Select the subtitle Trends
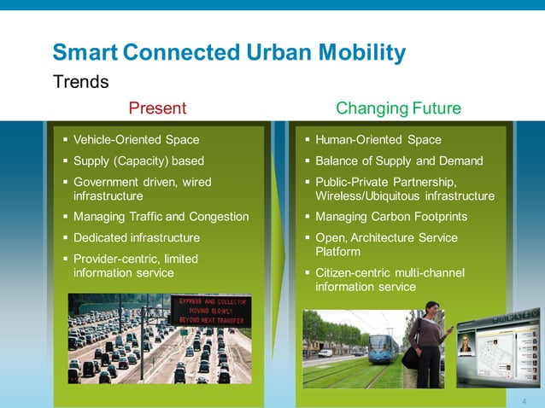coord(81,82)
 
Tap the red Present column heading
coord(156,108)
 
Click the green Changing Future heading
coord(398,108)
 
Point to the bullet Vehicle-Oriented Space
coord(136,140)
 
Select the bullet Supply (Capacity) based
coord(138,160)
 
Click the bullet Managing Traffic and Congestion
coord(161,217)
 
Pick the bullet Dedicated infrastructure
coord(137,237)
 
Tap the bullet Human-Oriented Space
coord(378,140)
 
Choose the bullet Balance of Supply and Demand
coord(399,160)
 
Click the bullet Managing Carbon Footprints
coord(391,217)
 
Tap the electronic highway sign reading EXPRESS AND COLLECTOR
coord(210,311)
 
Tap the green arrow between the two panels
coord(284,256)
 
